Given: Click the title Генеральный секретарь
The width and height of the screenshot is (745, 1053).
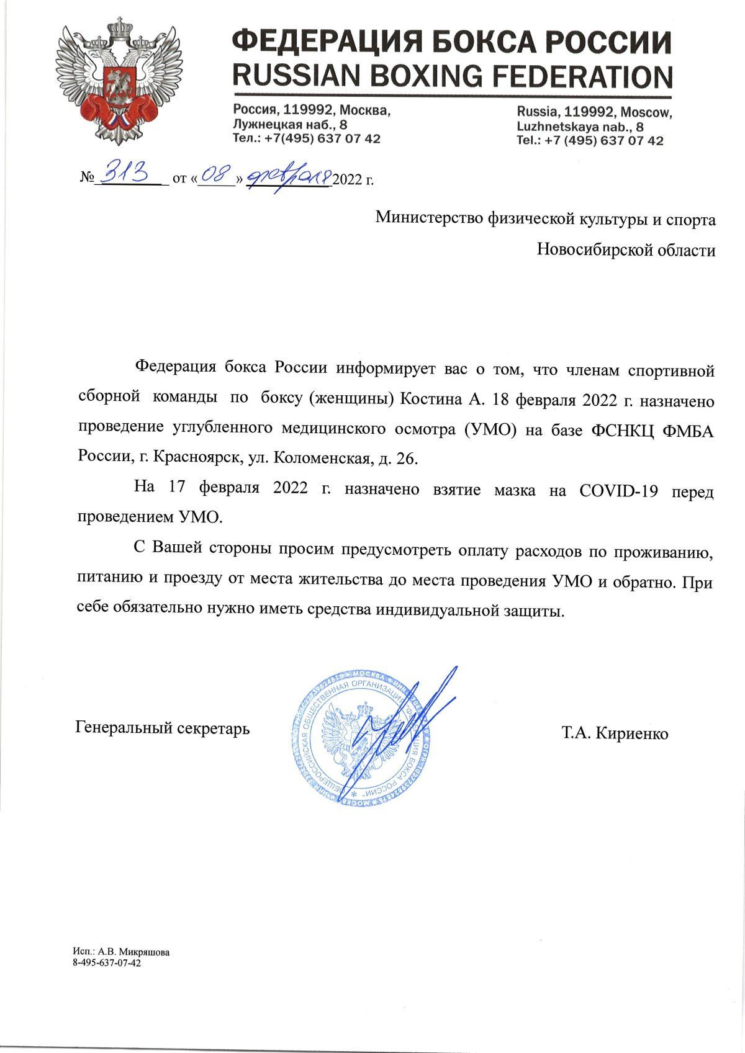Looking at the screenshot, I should pyautogui.click(x=163, y=727).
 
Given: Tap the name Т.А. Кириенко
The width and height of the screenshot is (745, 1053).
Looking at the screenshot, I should pyautogui.click(x=615, y=733).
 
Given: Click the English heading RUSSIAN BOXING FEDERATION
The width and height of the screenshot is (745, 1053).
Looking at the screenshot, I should pyautogui.click(x=451, y=76).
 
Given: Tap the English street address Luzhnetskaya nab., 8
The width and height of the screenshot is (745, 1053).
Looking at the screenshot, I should pyautogui.click(x=580, y=126).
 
